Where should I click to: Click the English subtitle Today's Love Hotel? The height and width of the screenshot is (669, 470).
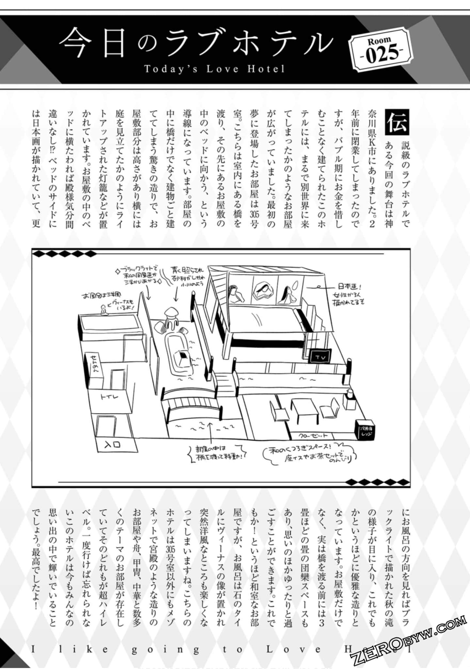pyautogui.click(x=214, y=69)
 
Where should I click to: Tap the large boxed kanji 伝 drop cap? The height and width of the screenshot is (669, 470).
pyautogui.click(x=397, y=122)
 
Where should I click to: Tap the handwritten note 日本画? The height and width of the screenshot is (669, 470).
pyautogui.click(x=349, y=287)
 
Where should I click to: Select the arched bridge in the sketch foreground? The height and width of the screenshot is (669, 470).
pyautogui.click(x=193, y=405)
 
